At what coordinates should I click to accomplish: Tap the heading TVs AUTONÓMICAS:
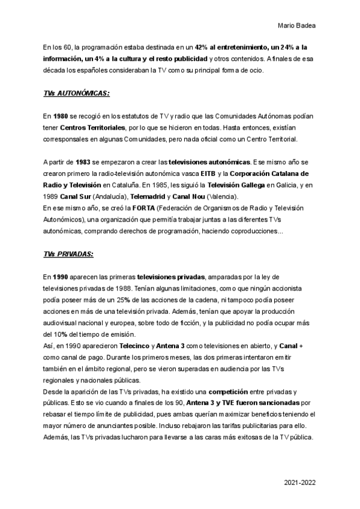point(77,94)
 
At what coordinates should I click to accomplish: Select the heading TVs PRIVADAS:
point(68,254)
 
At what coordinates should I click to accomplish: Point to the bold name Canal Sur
point(74,196)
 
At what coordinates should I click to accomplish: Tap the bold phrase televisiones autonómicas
point(209,163)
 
